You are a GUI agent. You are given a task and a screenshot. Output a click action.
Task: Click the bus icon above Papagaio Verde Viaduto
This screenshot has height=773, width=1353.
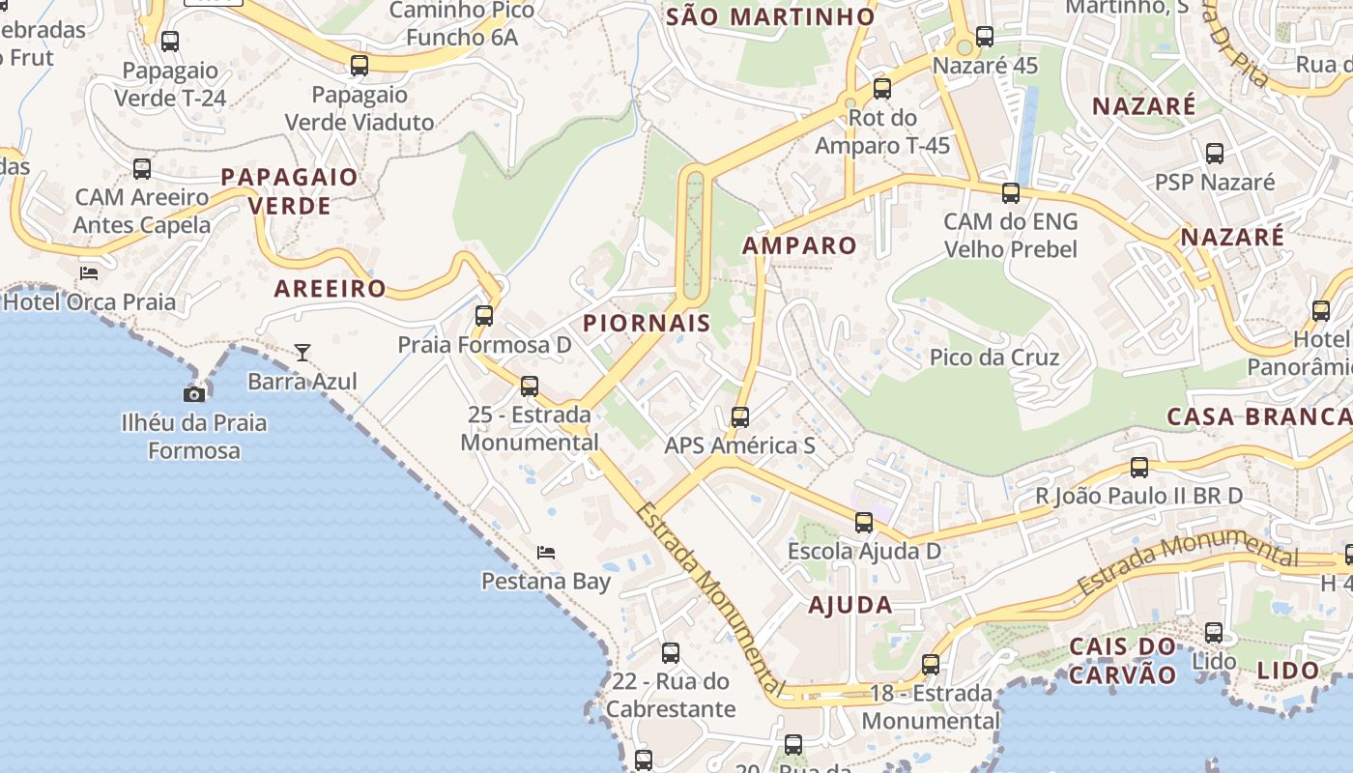[360, 66]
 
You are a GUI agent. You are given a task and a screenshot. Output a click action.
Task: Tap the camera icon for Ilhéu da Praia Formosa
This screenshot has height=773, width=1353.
[194, 393]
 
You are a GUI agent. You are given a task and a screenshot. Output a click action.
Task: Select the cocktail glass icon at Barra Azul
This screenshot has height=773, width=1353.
[302, 353]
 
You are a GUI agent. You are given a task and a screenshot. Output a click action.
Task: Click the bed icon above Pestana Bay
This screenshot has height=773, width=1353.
[546, 553]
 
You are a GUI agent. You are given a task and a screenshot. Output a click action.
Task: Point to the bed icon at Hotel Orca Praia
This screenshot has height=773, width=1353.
[89, 273]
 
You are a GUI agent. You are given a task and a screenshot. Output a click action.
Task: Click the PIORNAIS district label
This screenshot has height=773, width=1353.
[647, 323]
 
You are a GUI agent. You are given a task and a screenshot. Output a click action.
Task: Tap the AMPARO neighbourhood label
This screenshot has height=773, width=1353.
[799, 245]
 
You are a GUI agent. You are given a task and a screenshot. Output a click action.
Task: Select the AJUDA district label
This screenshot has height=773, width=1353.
[850, 605]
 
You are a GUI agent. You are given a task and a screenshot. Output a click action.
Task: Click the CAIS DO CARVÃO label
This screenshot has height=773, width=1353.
[1123, 660]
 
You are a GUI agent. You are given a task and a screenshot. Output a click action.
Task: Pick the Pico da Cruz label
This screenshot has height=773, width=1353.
[994, 358]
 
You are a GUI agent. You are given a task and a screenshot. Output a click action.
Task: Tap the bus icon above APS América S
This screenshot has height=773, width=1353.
[740, 417]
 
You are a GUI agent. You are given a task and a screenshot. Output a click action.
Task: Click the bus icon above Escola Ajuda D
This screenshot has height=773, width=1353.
[864, 523]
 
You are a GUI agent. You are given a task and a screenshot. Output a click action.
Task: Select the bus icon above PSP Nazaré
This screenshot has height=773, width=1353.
[1215, 154]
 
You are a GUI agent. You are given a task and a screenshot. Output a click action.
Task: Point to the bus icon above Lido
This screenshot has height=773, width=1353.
[1214, 634]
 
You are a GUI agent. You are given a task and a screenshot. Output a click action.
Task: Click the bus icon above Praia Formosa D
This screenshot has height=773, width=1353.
[484, 316]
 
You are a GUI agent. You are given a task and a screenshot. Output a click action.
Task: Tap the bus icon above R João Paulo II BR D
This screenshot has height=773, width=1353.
[1139, 468]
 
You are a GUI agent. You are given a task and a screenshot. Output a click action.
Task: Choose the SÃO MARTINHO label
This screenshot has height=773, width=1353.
[771, 16]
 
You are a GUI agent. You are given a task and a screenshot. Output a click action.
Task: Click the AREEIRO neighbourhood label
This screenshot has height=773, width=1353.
[330, 288]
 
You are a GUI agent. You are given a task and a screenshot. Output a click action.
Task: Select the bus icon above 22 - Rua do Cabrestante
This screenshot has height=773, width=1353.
[671, 653]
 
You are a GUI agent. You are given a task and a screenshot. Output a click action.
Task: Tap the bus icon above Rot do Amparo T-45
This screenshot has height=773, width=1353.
[882, 89]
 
